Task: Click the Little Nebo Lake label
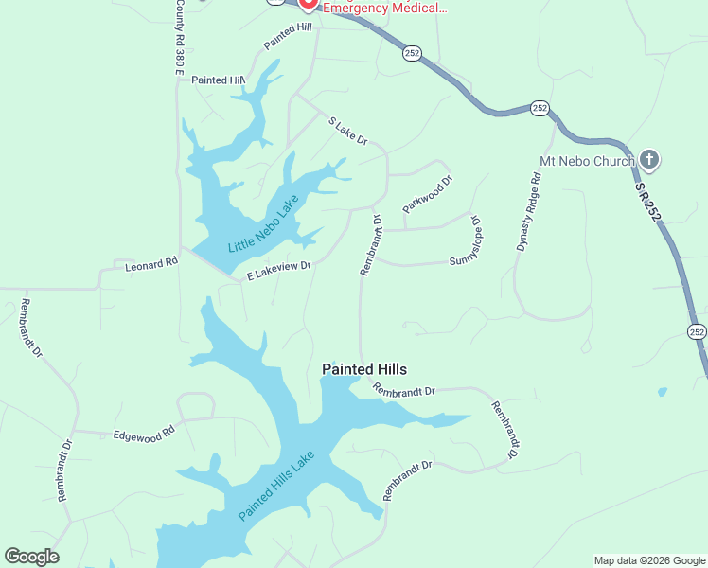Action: (x=263, y=223)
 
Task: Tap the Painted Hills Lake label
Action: (x=275, y=485)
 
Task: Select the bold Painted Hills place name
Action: (x=364, y=369)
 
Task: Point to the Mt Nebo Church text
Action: (x=586, y=161)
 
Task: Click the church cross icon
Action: (x=648, y=160)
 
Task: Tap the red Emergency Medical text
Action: (x=384, y=8)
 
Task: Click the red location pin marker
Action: (x=308, y=4)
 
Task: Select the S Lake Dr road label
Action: (x=346, y=132)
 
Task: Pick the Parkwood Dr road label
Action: (x=428, y=193)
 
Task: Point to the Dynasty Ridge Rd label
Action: (x=528, y=211)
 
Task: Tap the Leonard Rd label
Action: (x=151, y=266)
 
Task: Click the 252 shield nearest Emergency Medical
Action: (x=412, y=54)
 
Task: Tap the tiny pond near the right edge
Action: (x=662, y=391)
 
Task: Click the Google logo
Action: (x=31, y=557)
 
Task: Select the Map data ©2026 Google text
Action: (x=649, y=560)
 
